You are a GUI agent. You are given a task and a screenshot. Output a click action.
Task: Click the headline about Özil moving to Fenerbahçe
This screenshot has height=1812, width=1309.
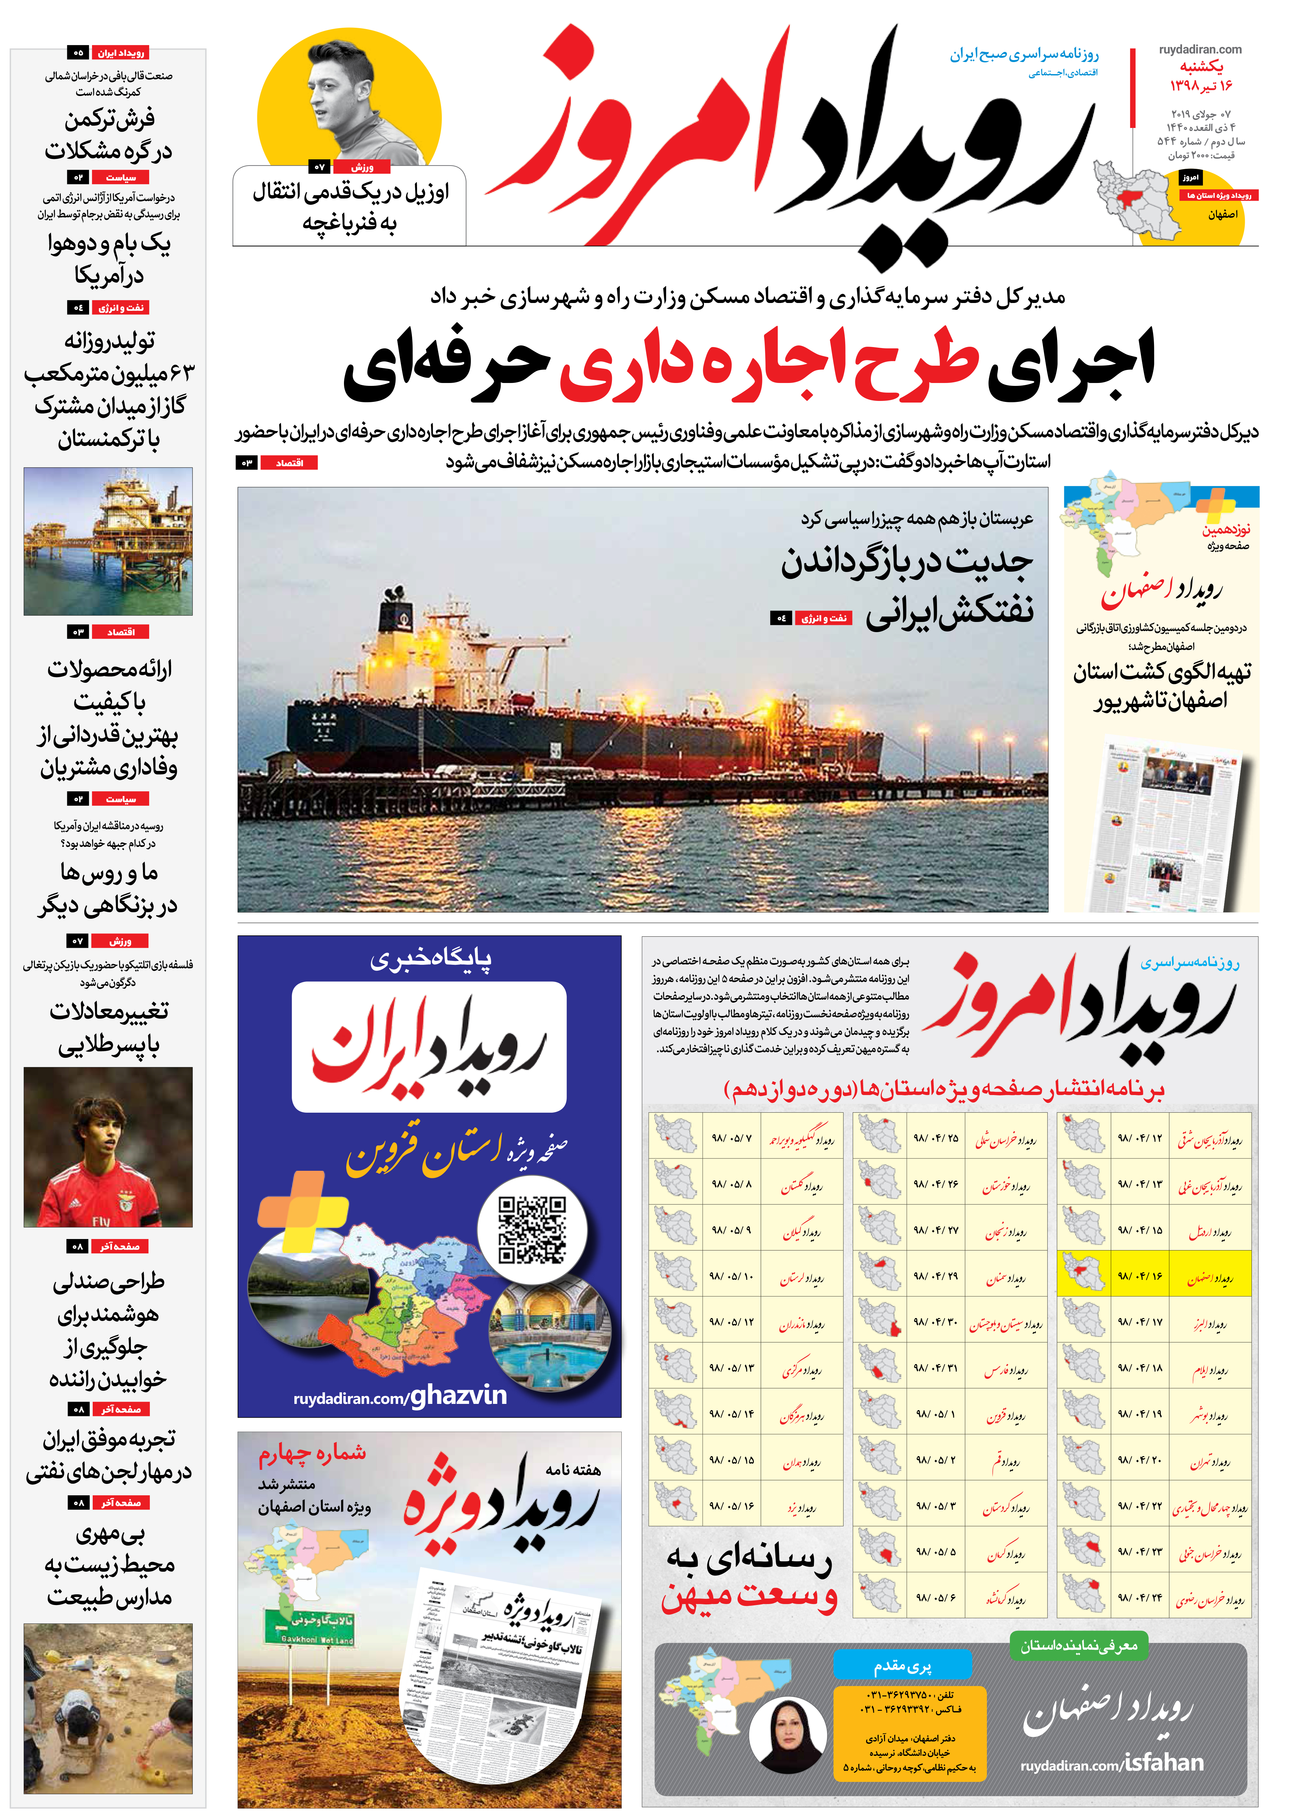point(350,206)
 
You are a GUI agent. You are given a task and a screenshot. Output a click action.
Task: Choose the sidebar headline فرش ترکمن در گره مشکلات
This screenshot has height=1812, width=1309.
point(109,134)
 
